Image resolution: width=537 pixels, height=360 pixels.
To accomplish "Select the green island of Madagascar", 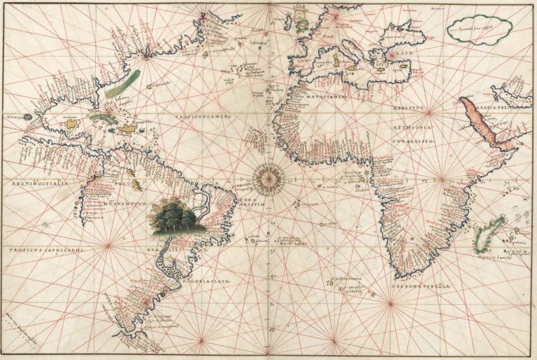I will [x=490, y=235].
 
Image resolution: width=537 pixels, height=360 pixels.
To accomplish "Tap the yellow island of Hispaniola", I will [x=128, y=129].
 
